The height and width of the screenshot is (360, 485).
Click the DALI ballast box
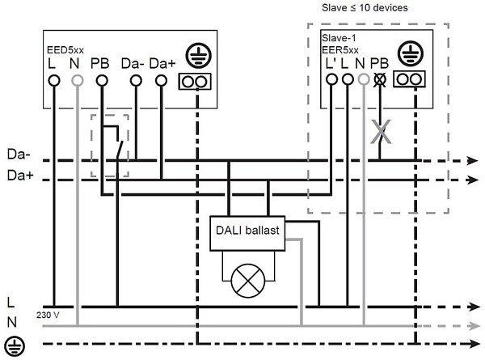click(247, 231)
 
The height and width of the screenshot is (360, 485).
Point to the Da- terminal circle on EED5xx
click(136, 81)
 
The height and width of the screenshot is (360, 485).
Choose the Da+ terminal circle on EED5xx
click(162, 81)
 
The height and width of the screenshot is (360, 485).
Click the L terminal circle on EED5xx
click(55, 81)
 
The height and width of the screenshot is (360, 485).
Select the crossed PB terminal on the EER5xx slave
click(379, 79)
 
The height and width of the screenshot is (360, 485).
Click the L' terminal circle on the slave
click(331, 79)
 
